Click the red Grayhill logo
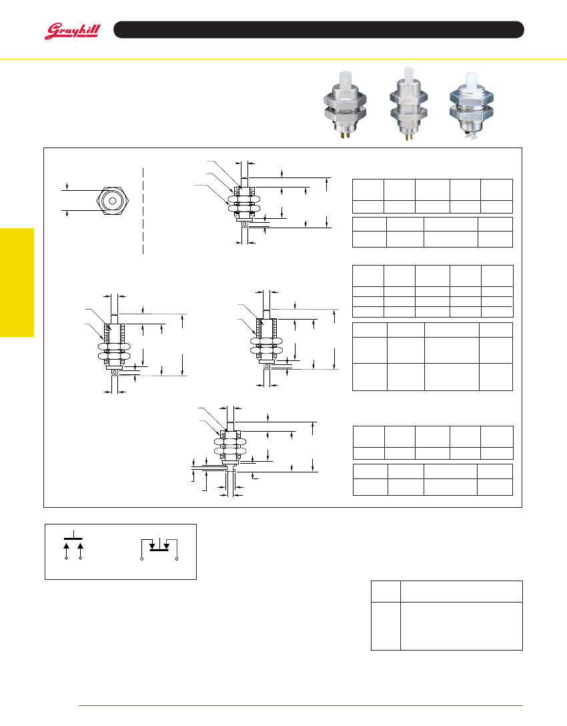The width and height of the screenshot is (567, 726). pyautogui.click(x=72, y=31)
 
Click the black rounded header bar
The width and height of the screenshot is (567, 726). pyautogui.click(x=318, y=29)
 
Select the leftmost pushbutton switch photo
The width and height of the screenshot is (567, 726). pyautogui.click(x=345, y=105)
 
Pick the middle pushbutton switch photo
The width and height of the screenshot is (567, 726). pyautogui.click(x=408, y=103)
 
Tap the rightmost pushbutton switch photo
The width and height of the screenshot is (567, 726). pyautogui.click(x=472, y=105)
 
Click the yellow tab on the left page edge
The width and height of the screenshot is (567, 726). pyautogui.click(x=17, y=282)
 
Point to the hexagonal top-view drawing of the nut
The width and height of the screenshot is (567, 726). pyautogui.click(x=112, y=201)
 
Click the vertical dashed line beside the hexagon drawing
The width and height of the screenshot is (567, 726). pyautogui.click(x=143, y=211)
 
